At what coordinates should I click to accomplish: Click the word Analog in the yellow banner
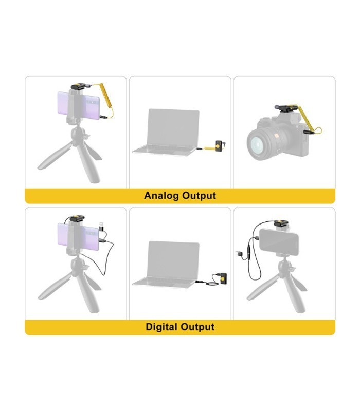click(x=161, y=196)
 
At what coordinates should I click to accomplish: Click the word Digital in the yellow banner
click(x=162, y=327)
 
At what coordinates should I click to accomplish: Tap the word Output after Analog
click(x=199, y=196)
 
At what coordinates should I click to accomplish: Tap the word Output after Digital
click(x=198, y=327)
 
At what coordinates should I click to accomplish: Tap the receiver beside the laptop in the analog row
click(x=220, y=145)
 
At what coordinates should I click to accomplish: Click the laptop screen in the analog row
click(x=173, y=127)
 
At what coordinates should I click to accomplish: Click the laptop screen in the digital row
click(x=173, y=259)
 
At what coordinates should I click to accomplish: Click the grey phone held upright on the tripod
click(x=279, y=242)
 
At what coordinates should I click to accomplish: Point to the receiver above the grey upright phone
click(x=281, y=223)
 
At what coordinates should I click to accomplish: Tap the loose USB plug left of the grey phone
click(x=239, y=254)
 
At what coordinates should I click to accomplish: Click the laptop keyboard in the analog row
click(x=164, y=150)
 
